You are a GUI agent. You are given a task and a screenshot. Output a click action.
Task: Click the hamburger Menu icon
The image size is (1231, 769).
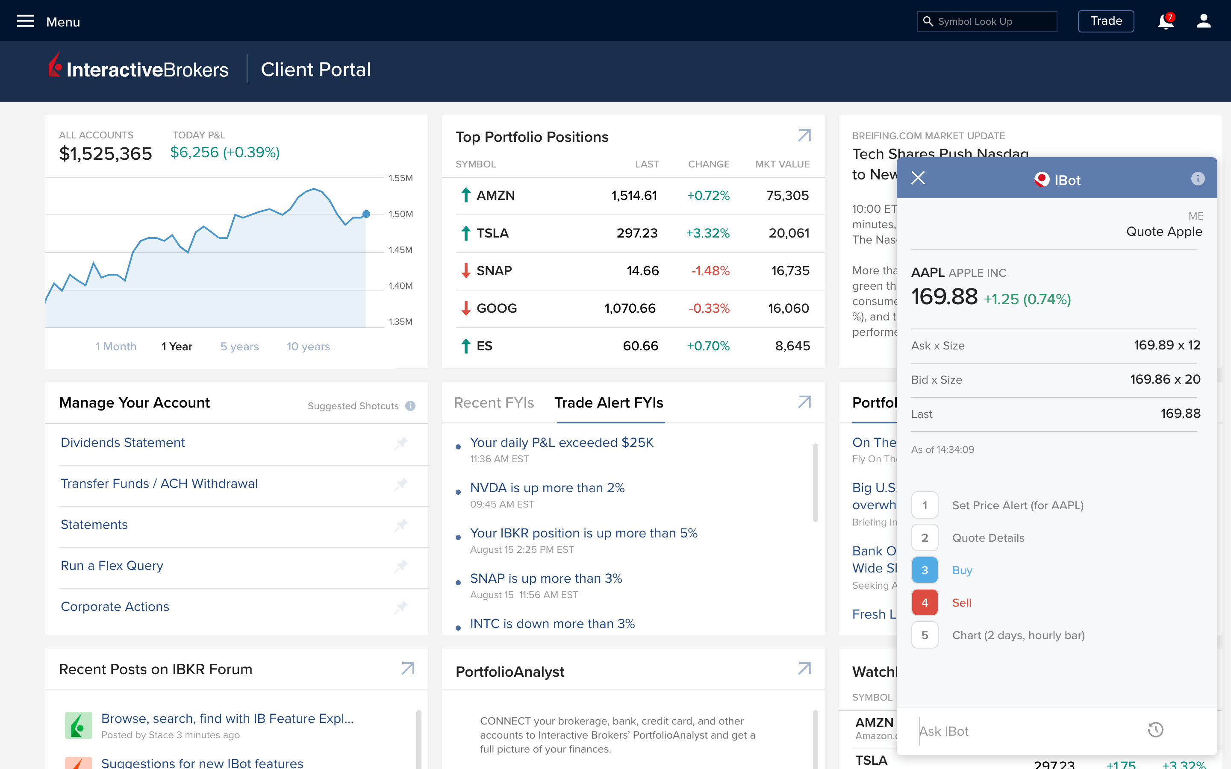[x=26, y=21]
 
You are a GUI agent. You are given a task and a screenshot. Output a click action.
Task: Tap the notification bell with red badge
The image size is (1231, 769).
[x=1165, y=22]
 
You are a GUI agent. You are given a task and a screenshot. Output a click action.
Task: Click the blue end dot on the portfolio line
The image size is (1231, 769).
[x=366, y=214]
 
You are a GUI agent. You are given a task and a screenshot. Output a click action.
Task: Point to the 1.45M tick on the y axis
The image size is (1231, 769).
[x=401, y=250]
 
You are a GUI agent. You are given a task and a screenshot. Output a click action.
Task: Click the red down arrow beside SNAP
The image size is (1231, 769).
[x=465, y=270]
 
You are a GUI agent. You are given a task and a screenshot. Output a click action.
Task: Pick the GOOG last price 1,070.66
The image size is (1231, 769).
[x=630, y=308]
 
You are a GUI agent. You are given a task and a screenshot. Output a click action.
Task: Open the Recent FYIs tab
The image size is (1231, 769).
[x=493, y=403]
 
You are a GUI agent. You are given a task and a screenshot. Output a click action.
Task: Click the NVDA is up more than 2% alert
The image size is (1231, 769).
[x=547, y=488]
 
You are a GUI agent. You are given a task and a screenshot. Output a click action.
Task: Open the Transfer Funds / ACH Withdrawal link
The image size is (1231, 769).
[x=159, y=484]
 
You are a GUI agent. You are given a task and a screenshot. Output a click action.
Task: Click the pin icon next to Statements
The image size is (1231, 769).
[x=401, y=525]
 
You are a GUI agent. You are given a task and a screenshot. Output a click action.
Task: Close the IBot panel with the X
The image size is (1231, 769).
[x=918, y=178]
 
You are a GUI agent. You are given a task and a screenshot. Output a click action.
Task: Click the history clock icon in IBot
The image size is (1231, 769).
[x=1155, y=730]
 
